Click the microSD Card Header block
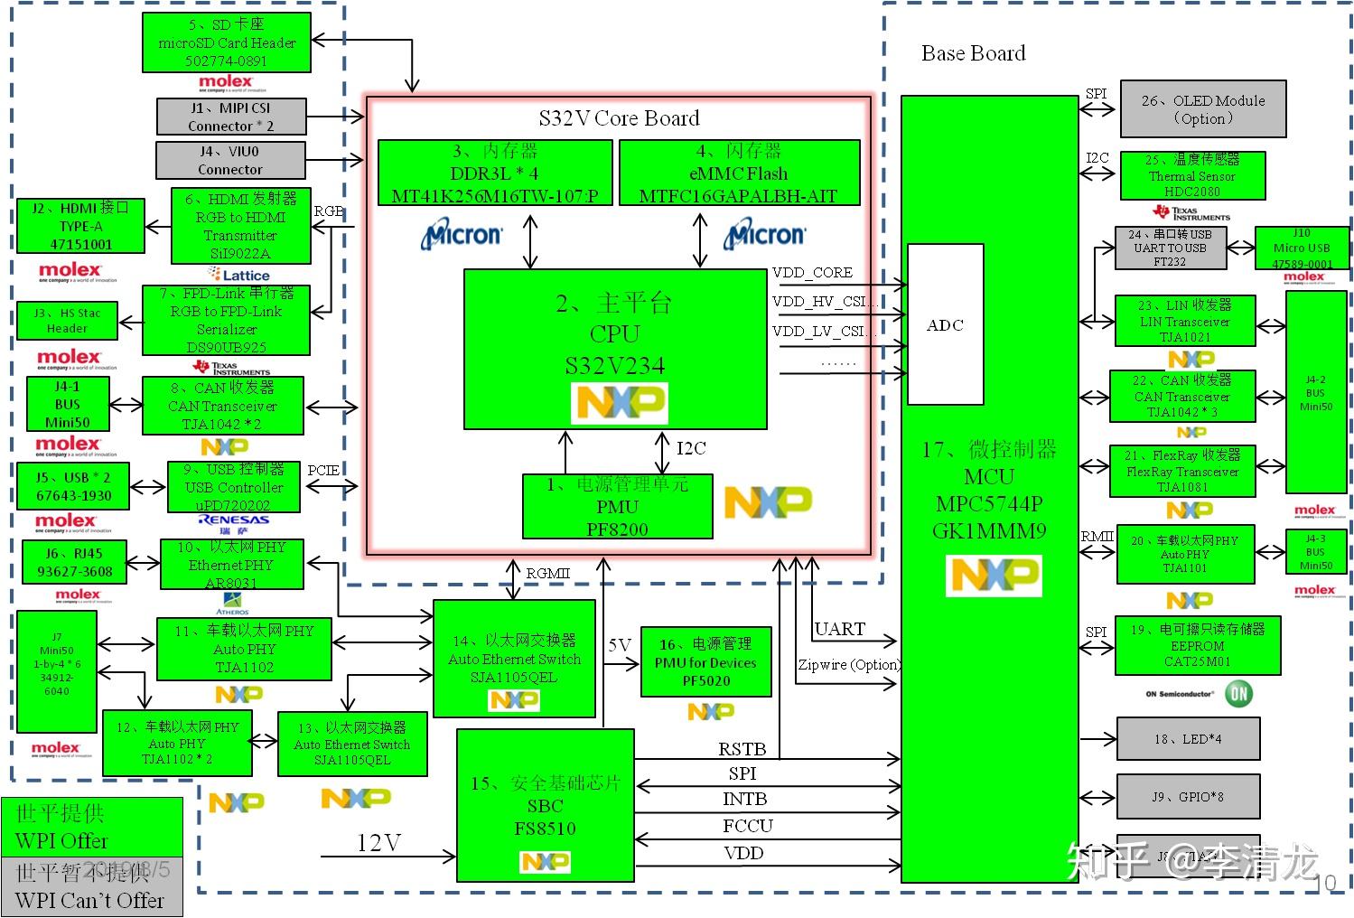click(x=227, y=42)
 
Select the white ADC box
click(x=945, y=324)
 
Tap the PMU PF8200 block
click(x=618, y=507)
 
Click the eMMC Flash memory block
click(x=738, y=173)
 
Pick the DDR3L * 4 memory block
click(x=494, y=173)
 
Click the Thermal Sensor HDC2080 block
click(x=1192, y=175)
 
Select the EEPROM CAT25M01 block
click(x=1198, y=646)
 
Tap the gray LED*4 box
click(x=1188, y=739)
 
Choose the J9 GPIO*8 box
click(x=1188, y=797)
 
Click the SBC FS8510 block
click(x=545, y=805)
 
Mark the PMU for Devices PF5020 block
click(x=705, y=662)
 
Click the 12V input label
click(x=378, y=843)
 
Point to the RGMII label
click(x=547, y=574)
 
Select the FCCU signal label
click(x=747, y=826)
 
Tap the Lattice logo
click(x=239, y=275)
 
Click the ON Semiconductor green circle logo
click(x=1238, y=694)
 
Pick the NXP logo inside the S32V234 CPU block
click(x=620, y=403)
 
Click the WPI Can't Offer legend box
click(x=91, y=886)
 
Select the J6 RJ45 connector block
click(x=74, y=562)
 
